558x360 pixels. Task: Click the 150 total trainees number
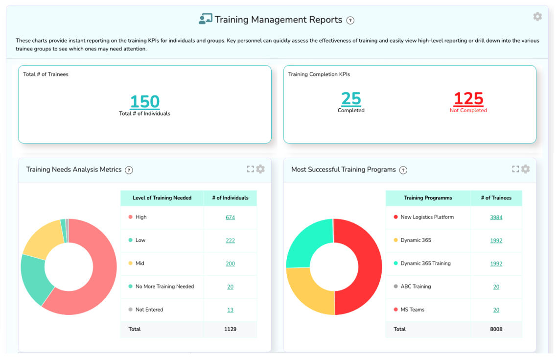click(145, 101)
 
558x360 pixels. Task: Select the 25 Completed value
click(351, 99)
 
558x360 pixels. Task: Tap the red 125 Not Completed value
click(468, 99)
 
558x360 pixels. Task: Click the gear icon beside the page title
click(537, 17)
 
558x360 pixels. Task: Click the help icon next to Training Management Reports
click(350, 21)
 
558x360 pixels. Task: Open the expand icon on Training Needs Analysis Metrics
click(251, 169)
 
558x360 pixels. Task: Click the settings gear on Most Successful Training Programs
click(525, 169)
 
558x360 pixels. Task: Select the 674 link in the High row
click(230, 217)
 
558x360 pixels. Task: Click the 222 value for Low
click(230, 240)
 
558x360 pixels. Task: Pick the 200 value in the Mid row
click(230, 264)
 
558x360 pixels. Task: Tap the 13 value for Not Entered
click(230, 310)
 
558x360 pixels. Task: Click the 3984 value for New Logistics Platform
click(496, 217)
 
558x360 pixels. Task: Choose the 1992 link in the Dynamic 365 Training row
click(496, 264)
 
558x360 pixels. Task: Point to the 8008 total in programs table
click(496, 329)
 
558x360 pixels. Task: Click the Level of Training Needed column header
click(162, 198)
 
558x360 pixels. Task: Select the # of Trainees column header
click(496, 198)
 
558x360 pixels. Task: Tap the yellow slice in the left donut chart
click(42, 238)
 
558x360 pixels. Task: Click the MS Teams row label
click(412, 310)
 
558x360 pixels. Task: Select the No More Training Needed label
click(164, 287)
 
